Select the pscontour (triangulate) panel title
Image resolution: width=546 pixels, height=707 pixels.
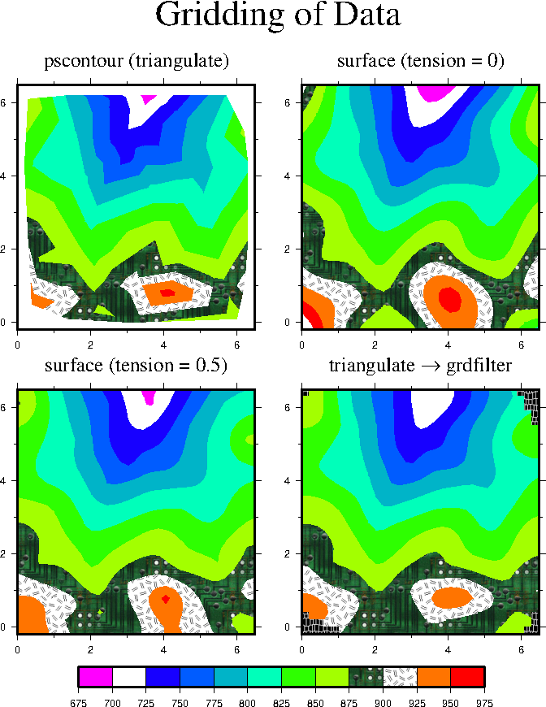pyautogui.click(x=136, y=61)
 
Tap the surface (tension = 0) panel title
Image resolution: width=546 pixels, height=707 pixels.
pyautogui.click(x=420, y=61)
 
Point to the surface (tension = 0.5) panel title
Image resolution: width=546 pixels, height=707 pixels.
pyautogui.click(x=136, y=366)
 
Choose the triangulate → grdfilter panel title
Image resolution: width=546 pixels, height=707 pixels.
pyautogui.click(x=420, y=366)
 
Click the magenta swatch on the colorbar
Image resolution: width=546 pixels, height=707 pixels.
pyautogui.click(x=95, y=677)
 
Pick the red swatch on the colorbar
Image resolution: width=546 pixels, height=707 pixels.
pyautogui.click(x=467, y=677)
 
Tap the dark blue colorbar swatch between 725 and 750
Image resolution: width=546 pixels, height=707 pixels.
pyautogui.click(x=162, y=677)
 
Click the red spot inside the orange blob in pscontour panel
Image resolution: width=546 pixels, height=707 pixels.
pyautogui.click(x=167, y=293)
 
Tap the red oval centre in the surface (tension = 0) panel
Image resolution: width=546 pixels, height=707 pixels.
pyautogui.click(x=449, y=299)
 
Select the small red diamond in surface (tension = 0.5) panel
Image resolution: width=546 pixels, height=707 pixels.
pyautogui.click(x=166, y=599)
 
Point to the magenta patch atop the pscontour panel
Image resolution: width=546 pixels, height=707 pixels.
pyautogui.click(x=149, y=98)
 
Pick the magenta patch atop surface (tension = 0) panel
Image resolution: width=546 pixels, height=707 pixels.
pyautogui.click(x=433, y=92)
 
